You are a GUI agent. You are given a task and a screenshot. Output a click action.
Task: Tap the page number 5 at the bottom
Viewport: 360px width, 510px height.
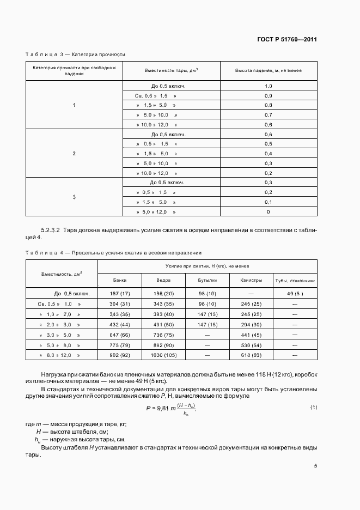tap(315, 465)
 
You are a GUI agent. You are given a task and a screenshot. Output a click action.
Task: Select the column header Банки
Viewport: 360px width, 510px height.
tap(119, 280)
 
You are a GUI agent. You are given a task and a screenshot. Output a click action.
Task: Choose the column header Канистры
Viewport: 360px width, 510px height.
tap(251, 280)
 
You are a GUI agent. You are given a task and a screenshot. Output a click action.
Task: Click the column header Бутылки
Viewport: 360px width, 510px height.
tap(207, 280)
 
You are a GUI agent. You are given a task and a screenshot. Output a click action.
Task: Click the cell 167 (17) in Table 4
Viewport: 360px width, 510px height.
tap(119, 293)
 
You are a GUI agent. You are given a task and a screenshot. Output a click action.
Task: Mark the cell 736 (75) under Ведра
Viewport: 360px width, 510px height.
tap(163, 334)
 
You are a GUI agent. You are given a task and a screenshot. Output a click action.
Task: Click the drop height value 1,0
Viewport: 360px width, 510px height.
tap(268, 86)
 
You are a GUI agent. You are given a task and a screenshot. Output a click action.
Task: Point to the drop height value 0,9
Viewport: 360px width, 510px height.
tap(268, 95)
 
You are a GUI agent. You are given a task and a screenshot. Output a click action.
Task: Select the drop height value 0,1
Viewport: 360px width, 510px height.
tap(268, 202)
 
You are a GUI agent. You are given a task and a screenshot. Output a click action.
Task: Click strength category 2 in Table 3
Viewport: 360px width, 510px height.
tap(74, 154)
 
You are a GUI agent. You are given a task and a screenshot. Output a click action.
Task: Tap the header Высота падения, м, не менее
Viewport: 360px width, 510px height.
tap(268, 71)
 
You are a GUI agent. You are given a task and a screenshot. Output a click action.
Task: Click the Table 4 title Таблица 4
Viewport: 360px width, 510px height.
tap(45, 253)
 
